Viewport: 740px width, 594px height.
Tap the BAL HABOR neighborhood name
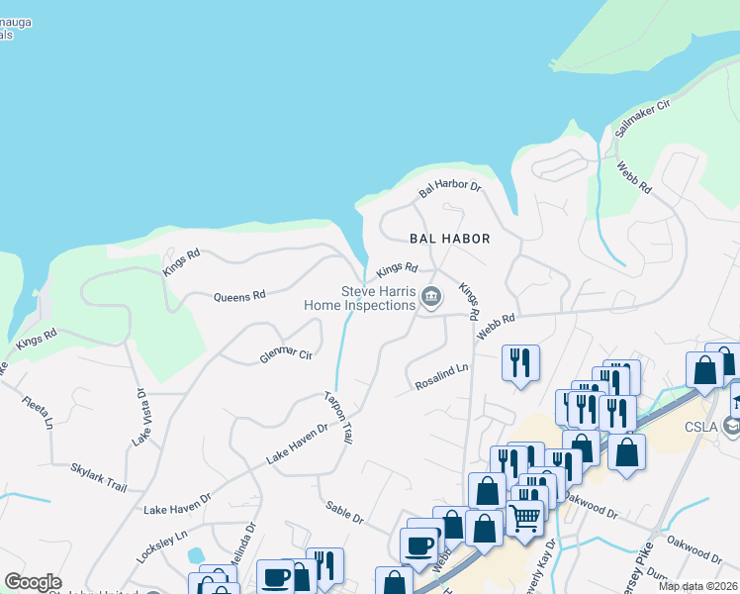click(450, 239)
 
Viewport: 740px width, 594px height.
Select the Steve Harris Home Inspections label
click(378, 298)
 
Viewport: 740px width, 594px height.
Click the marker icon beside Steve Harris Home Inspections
click(431, 296)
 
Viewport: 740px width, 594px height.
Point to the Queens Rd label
click(240, 295)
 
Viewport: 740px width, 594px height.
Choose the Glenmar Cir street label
click(286, 353)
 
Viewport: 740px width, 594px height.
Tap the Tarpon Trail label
click(338, 417)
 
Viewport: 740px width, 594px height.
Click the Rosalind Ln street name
click(441, 375)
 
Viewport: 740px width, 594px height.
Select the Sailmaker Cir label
click(643, 117)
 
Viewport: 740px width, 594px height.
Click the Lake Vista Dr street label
click(141, 416)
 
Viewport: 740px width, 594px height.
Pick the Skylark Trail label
click(99, 478)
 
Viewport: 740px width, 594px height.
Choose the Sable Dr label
click(345, 512)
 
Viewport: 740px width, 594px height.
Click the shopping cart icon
click(525, 516)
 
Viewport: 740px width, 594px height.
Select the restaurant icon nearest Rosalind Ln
click(520, 361)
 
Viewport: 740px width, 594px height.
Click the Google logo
click(33, 582)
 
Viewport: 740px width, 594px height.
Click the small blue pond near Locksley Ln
click(195, 554)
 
